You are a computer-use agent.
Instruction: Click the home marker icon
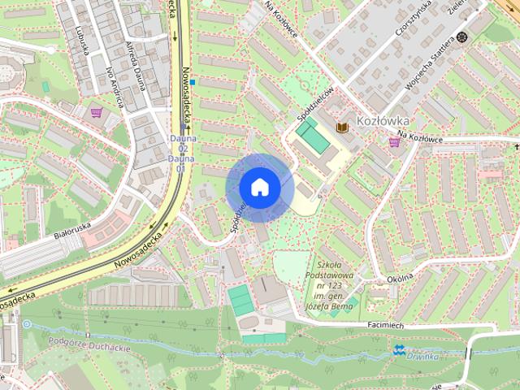(259, 187)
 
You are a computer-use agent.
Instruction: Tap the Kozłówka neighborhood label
(382, 121)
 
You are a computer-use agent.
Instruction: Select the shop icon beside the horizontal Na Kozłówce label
(395, 141)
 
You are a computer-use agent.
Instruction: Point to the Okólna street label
(400, 276)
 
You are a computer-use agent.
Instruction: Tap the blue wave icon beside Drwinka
(399, 350)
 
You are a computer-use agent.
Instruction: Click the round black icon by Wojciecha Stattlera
(462, 37)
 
